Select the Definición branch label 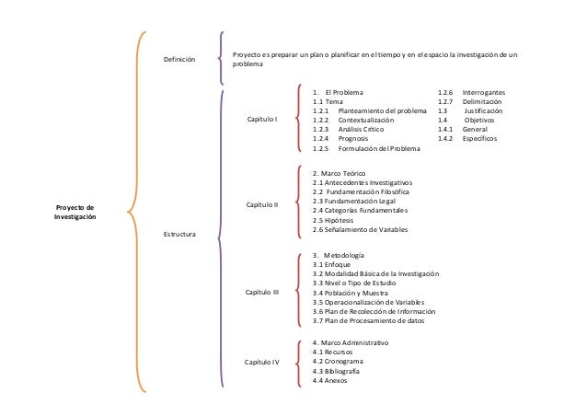pyautogui.click(x=179, y=59)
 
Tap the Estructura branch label pyautogui.click(x=178, y=237)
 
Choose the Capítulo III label pyautogui.click(x=264, y=292)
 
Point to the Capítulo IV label pyautogui.click(x=262, y=363)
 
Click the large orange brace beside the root pyautogui.click(x=134, y=212)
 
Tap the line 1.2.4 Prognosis pyautogui.click(x=340, y=138)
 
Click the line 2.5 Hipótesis pyautogui.click(x=334, y=221)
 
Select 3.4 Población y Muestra pyautogui.click(x=351, y=292)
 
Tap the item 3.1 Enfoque pyautogui.click(x=333, y=263)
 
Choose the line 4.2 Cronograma pyautogui.click(x=338, y=362)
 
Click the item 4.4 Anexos pyautogui.click(x=330, y=381)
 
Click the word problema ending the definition pyautogui.click(x=247, y=65)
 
